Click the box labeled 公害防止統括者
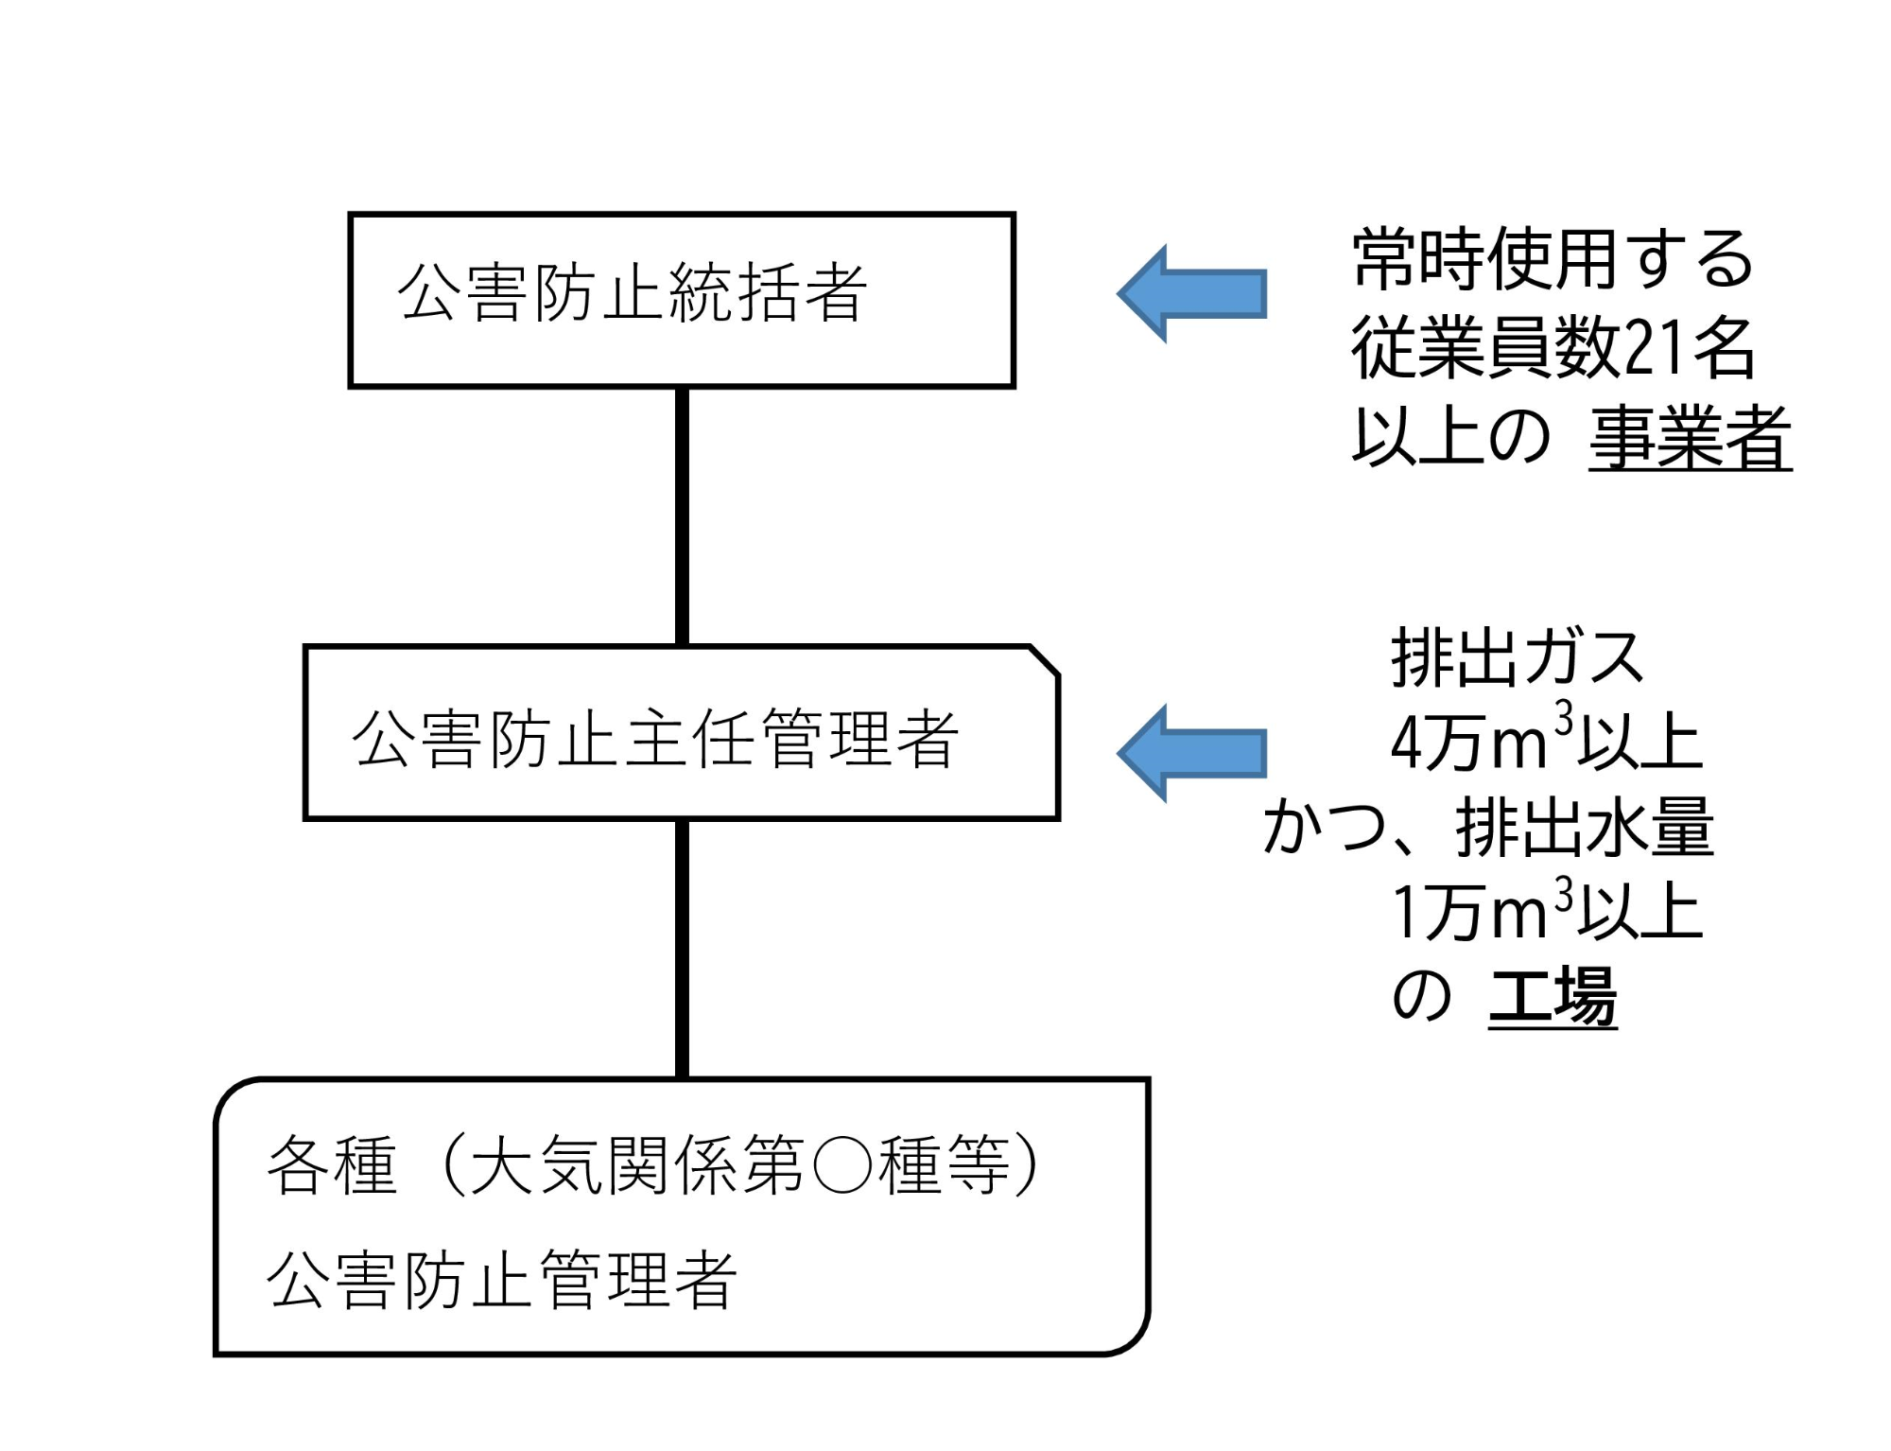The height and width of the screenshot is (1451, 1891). coord(681,300)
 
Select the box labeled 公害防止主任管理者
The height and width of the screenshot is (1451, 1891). coord(681,733)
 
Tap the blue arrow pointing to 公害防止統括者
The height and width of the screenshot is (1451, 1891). coord(1191,293)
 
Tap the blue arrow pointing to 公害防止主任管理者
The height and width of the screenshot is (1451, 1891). coord(1191,753)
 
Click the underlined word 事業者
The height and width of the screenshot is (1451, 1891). coord(1690,437)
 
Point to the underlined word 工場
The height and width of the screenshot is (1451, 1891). coord(1553,996)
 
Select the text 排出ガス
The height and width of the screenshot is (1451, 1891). coord(1518,658)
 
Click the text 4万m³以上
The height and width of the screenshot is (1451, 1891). coord(1546,743)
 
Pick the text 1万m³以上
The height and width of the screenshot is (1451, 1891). coord(1546,912)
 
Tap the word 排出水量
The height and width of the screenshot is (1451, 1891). coord(1585,827)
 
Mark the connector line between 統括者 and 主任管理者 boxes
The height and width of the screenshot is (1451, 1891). coord(682,516)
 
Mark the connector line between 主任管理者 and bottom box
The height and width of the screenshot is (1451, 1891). coord(682,948)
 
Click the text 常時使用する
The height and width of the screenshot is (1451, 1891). coord(1553,259)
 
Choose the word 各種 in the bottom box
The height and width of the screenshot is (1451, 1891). coord(331,1165)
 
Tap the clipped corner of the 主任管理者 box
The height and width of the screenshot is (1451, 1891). coord(1045,660)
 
